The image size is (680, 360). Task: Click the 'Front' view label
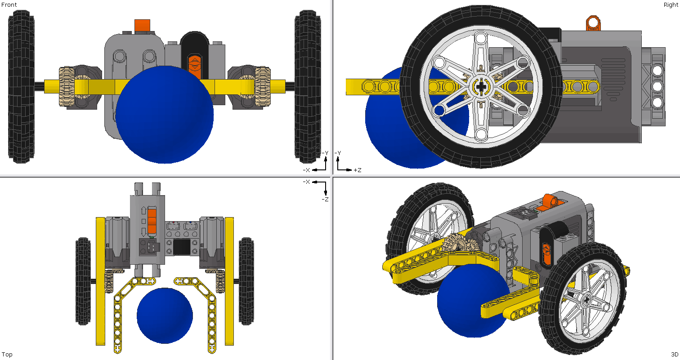(9, 5)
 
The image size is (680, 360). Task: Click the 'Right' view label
(671, 5)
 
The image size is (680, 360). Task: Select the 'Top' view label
(7, 354)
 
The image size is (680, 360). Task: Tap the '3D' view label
(674, 354)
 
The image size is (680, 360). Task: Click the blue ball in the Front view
(165, 115)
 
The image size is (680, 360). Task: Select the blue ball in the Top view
(165, 316)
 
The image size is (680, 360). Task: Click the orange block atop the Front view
(142, 26)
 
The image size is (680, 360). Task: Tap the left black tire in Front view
(21, 86)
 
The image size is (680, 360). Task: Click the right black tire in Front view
(308, 86)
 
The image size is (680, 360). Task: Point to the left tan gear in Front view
(67, 86)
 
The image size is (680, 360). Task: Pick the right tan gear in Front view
(263, 86)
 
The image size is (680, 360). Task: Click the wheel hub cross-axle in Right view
(481, 87)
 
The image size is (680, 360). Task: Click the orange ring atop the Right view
(593, 23)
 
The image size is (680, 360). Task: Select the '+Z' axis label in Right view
(357, 170)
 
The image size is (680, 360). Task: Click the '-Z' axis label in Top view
(325, 199)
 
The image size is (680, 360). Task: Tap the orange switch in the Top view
(152, 222)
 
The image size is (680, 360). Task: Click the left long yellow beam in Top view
(100, 281)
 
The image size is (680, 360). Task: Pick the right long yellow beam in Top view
(229, 281)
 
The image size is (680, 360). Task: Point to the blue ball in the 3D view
(472, 300)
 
